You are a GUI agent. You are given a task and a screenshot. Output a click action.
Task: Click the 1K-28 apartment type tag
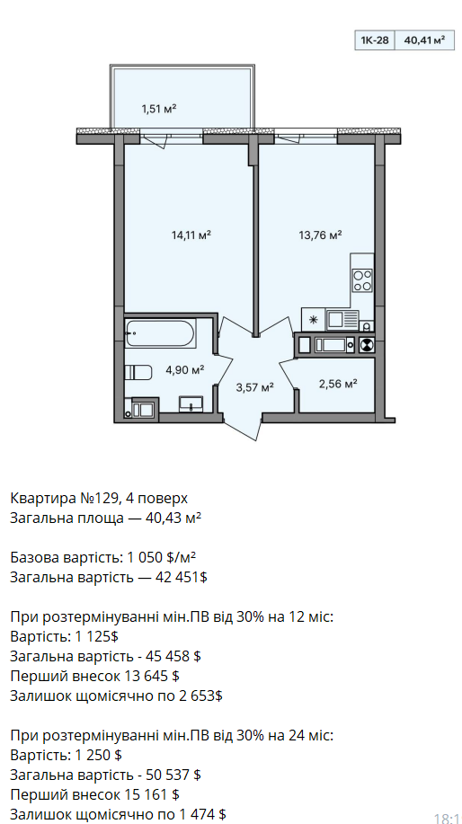tap(375, 40)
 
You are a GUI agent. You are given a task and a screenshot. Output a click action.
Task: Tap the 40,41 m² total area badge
tap(424, 40)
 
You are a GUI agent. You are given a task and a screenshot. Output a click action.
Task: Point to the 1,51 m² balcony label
tap(158, 110)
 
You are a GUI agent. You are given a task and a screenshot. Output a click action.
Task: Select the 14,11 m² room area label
tap(191, 235)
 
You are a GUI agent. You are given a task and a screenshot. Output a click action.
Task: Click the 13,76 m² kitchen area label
tap(321, 235)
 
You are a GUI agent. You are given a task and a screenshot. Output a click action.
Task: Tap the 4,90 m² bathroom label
tap(185, 369)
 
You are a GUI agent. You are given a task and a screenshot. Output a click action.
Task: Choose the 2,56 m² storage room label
tap(338, 384)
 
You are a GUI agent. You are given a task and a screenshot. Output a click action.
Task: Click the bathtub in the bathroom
tap(160, 333)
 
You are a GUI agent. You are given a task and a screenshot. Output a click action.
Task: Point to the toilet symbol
tap(138, 373)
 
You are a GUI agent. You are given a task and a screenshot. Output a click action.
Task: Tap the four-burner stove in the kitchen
tap(362, 280)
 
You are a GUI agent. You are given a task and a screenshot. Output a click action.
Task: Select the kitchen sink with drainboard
tap(342, 319)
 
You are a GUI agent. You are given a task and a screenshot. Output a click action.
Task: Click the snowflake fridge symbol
tap(314, 319)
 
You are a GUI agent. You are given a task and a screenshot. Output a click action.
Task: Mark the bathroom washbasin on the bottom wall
tap(191, 403)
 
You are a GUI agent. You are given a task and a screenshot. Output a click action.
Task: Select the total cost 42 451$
tap(182, 578)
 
